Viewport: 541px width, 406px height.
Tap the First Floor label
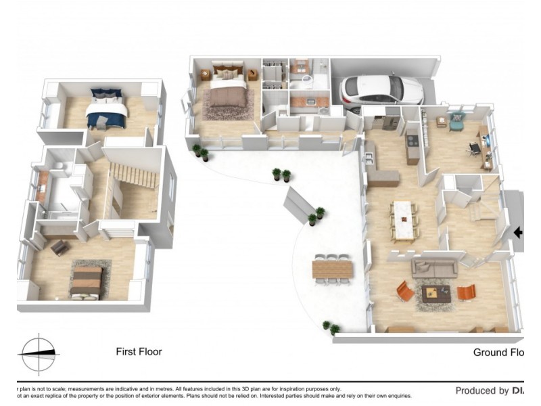point(139,352)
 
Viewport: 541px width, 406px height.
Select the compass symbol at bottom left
point(39,353)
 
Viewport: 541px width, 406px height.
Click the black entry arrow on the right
point(518,233)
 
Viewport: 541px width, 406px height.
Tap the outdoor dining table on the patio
point(333,269)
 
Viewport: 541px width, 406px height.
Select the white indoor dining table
point(404,219)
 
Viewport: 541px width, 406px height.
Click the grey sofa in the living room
point(433,266)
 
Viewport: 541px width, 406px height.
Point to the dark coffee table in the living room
point(436,293)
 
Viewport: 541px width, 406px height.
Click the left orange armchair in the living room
point(405,291)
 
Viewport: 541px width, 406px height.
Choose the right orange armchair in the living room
point(467,292)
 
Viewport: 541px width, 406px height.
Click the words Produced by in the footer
point(481,390)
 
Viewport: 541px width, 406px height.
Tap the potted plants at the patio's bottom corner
point(331,328)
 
